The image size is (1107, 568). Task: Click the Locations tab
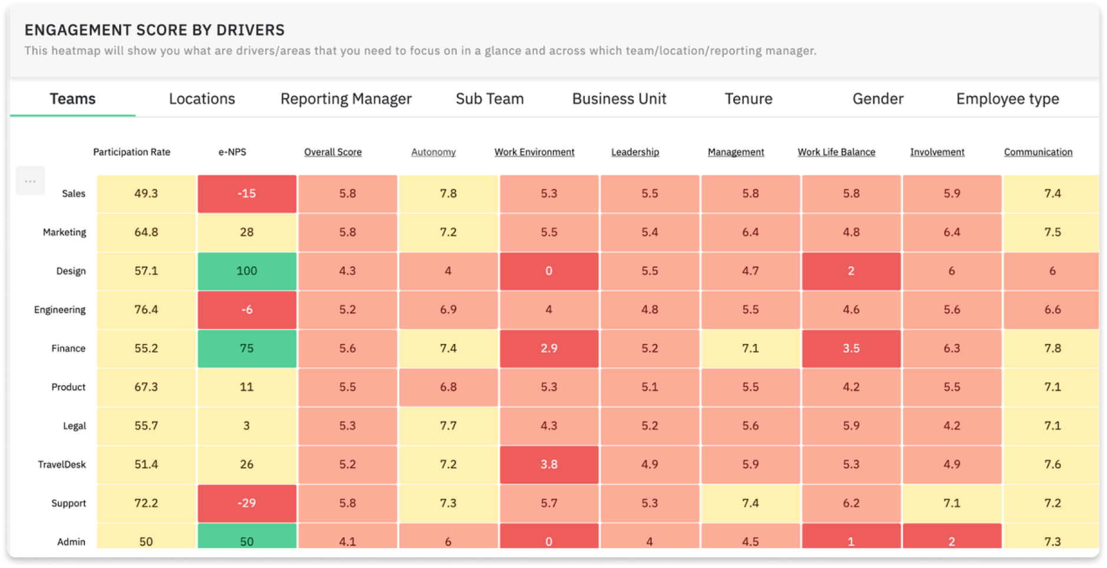click(202, 99)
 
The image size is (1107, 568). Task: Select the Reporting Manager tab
click(346, 99)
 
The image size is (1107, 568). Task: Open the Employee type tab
click(1007, 99)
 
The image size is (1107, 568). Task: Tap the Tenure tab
click(748, 99)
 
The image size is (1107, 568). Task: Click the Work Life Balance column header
click(836, 152)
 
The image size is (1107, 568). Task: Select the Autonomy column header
click(433, 152)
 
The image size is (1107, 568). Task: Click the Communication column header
click(1038, 152)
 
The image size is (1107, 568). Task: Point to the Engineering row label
click(60, 310)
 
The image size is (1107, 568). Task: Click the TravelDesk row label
click(62, 465)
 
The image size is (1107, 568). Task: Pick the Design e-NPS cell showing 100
click(246, 271)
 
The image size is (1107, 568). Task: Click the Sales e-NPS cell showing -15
click(246, 193)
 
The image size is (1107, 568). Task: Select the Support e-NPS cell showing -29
click(246, 503)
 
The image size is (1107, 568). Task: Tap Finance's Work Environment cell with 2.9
click(549, 349)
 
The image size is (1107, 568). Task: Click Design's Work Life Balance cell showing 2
click(851, 271)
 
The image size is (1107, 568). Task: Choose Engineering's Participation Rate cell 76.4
click(146, 310)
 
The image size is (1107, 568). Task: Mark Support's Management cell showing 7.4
click(750, 503)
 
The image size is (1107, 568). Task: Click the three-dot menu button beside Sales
click(30, 181)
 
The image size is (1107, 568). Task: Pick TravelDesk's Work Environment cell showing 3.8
click(549, 465)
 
